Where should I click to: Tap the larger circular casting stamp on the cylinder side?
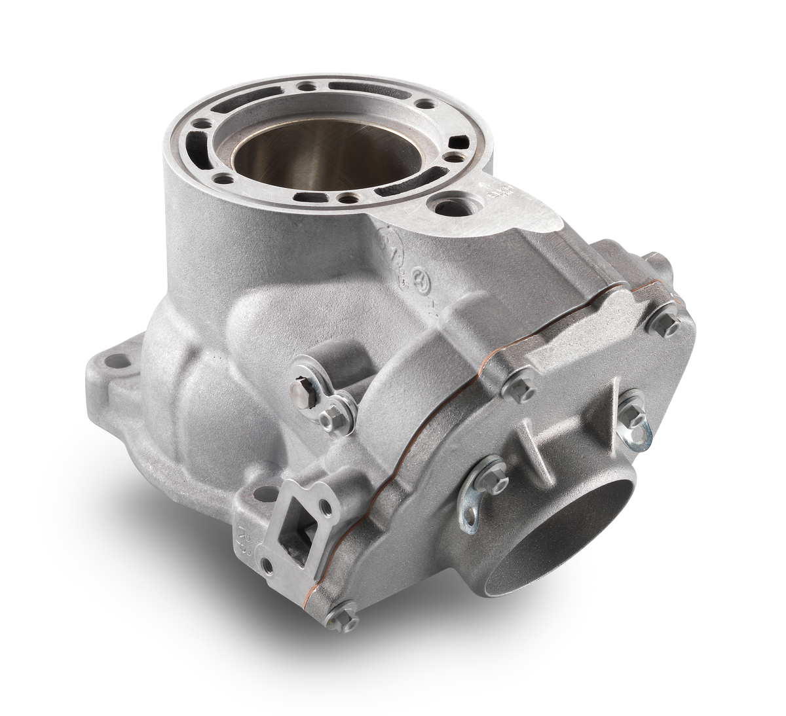pos(388,247)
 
